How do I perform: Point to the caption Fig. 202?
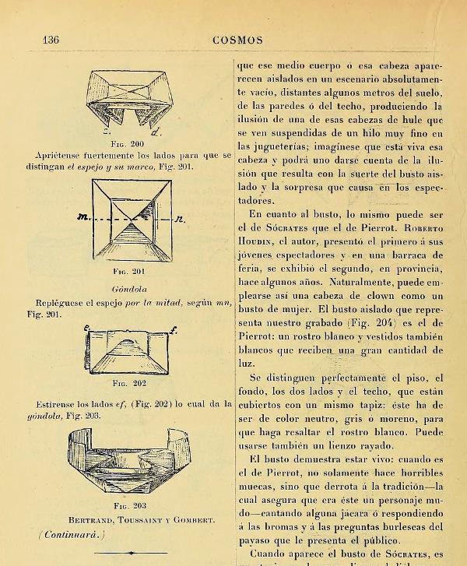point(129,383)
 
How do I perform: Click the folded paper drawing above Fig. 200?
point(131,99)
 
